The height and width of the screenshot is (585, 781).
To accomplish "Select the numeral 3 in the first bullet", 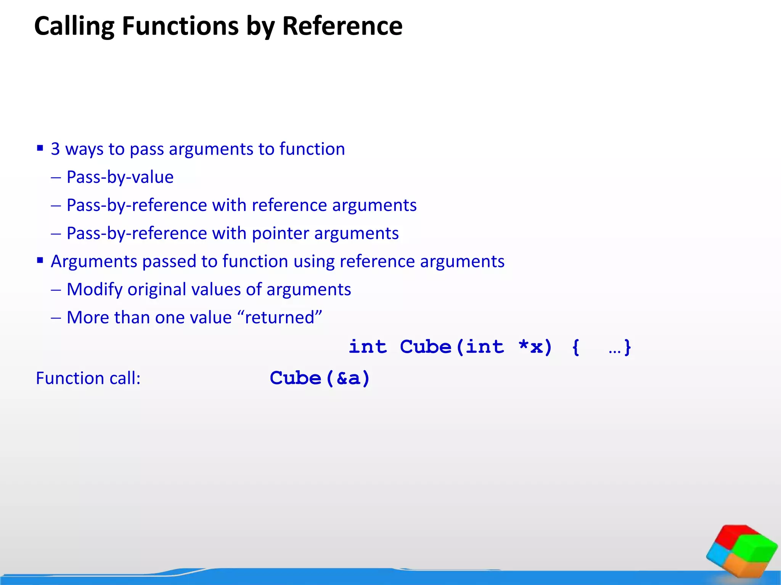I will click(55, 149).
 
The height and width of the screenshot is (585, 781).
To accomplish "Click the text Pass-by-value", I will click(120, 177).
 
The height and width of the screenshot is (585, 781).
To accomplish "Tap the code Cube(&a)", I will click(320, 378).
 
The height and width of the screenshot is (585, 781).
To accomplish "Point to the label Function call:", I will click(88, 379).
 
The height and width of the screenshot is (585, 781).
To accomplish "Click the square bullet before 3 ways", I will click(40, 148).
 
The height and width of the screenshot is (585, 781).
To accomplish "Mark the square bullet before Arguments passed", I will click(40, 261).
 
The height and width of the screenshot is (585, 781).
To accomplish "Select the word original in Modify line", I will click(156, 289).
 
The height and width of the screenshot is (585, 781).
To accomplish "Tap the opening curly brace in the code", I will click(576, 347).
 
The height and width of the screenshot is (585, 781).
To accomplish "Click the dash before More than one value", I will click(56, 318).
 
